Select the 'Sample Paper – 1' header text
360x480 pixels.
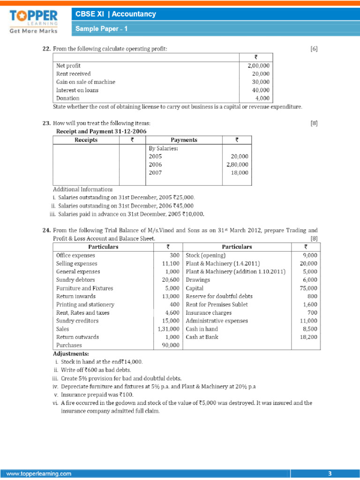coord(102,29)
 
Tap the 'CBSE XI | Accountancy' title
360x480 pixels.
coord(116,14)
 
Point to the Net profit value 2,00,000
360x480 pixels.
coord(258,66)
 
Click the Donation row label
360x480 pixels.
coord(67,98)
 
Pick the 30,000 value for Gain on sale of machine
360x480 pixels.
coord(261,82)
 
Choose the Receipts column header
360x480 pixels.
coord(86,140)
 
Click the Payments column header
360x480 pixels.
coord(184,140)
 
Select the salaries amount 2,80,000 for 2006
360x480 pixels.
coord(237,165)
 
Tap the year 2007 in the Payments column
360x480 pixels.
coord(155,172)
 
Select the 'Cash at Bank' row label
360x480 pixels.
coord(202,337)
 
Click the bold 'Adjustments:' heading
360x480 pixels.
coord(71,354)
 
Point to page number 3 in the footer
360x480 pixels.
coord(330,474)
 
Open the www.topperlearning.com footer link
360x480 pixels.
coord(39,474)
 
